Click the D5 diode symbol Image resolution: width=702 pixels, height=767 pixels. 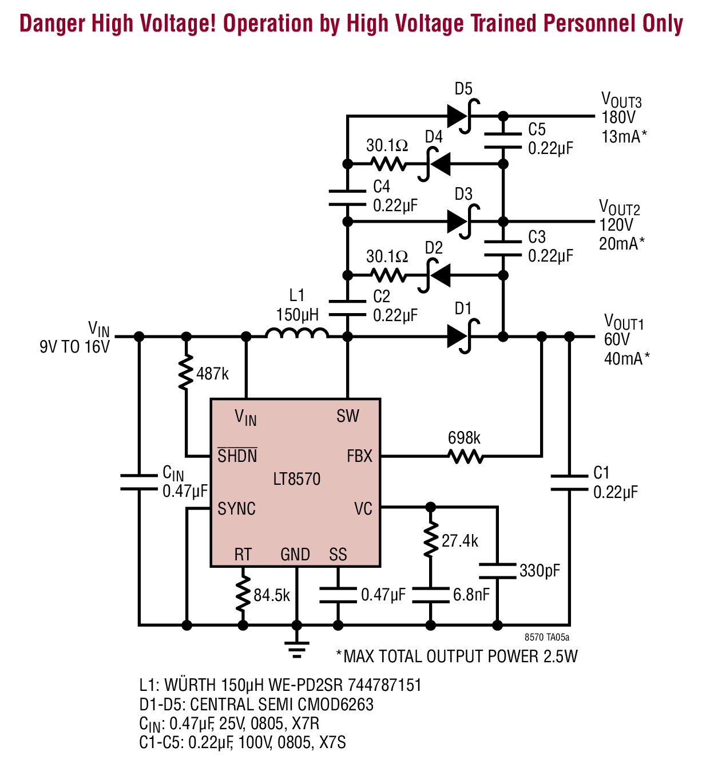click(x=463, y=116)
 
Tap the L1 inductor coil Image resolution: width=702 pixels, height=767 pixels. click(x=297, y=333)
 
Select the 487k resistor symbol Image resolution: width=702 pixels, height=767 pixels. click(x=186, y=372)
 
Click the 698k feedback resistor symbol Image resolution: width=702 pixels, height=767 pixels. click(x=465, y=456)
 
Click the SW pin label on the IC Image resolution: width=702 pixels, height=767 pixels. click(x=347, y=416)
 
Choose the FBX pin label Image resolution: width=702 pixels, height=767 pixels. click(x=359, y=456)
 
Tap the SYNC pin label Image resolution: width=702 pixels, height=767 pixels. click(x=236, y=508)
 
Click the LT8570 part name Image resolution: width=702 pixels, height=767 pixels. click(x=297, y=479)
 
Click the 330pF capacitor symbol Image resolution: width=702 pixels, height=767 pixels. click(x=497, y=571)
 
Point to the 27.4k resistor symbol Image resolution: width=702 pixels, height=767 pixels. click(x=431, y=540)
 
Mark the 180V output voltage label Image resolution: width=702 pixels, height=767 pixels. click(x=618, y=117)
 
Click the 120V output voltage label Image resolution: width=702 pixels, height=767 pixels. click(x=616, y=225)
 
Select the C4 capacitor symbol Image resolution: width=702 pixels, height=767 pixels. click(x=347, y=197)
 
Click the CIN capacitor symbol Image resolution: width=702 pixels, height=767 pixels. click(x=139, y=482)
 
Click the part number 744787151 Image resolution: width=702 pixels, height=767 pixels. click(x=384, y=685)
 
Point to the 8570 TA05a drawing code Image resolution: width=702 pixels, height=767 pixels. click(x=547, y=637)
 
